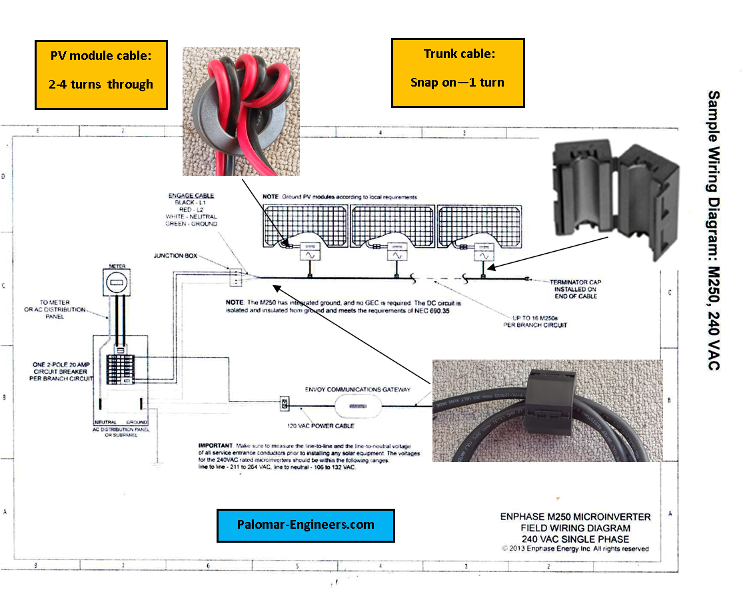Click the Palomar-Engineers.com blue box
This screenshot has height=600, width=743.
click(x=306, y=525)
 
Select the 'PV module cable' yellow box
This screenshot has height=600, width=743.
click(x=101, y=74)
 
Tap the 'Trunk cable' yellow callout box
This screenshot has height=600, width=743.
click(x=457, y=73)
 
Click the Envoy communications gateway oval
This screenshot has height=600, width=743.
click(x=359, y=404)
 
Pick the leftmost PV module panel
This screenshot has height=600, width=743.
click(x=304, y=226)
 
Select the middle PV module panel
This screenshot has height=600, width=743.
click(x=390, y=226)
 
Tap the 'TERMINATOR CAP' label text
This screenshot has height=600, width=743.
click(x=575, y=282)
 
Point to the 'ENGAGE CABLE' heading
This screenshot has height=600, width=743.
click(x=191, y=195)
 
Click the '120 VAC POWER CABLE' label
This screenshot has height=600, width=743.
click(x=316, y=425)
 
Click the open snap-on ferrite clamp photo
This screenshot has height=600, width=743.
click(x=614, y=200)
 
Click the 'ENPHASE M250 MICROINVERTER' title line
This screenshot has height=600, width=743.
click(x=575, y=517)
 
